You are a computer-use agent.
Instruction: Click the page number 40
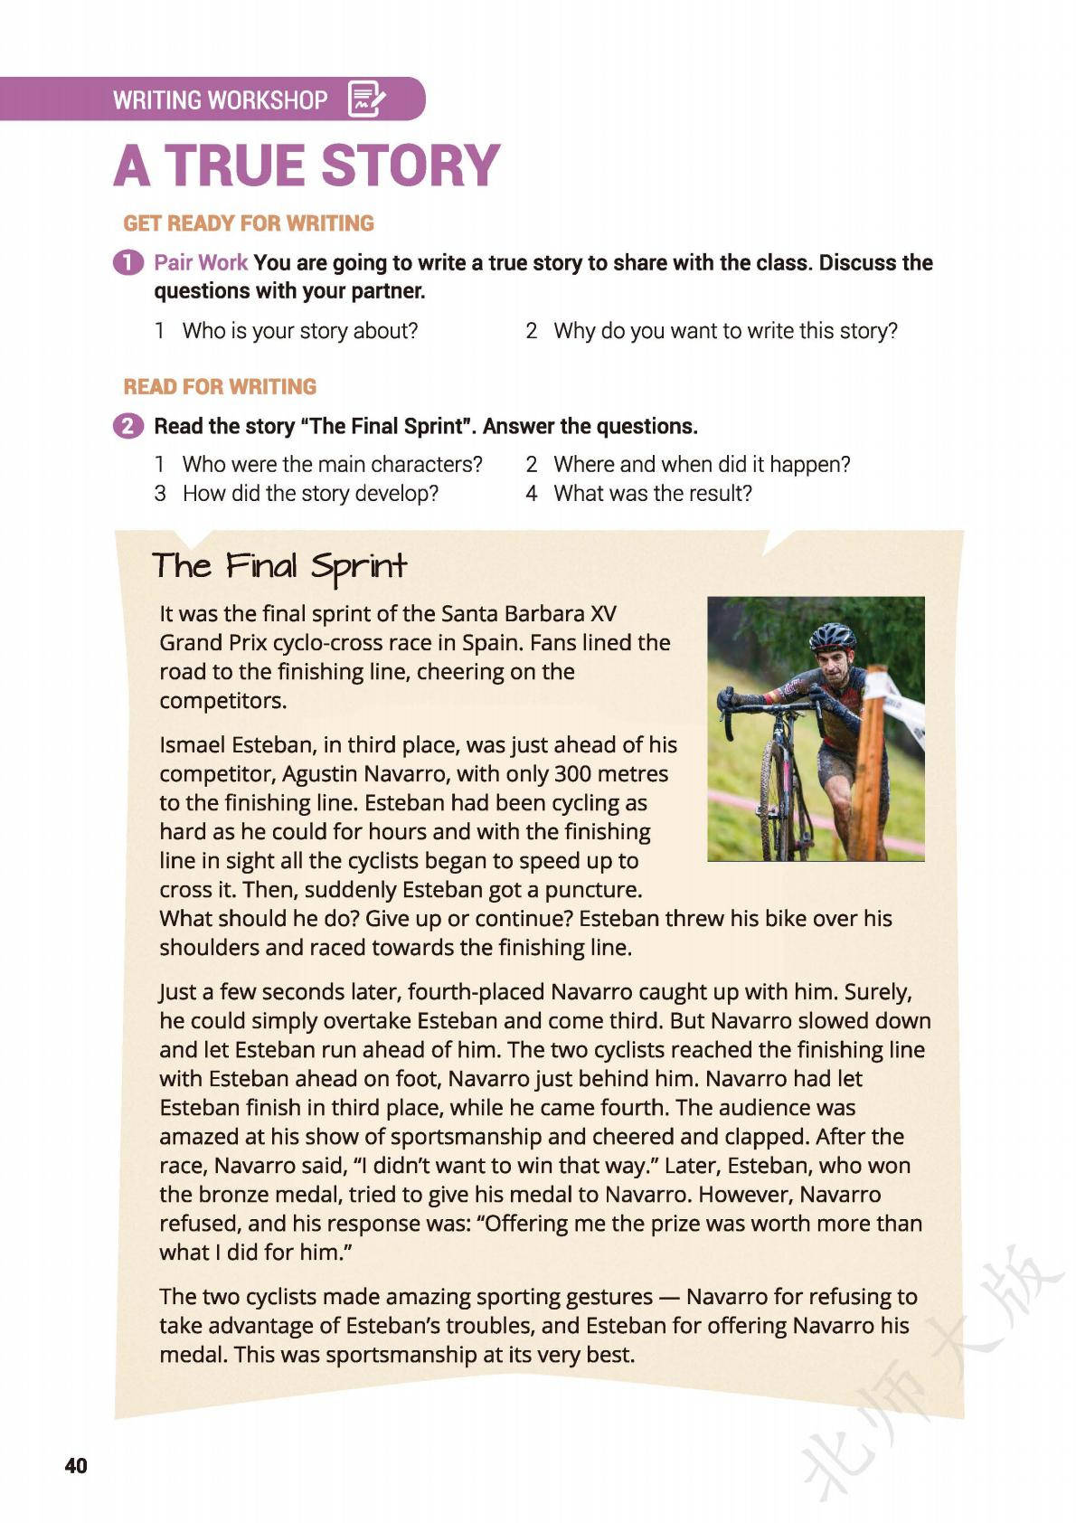click(76, 1465)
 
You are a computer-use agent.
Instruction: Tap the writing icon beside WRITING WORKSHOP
click(366, 99)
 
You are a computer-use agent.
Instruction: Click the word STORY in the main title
click(410, 166)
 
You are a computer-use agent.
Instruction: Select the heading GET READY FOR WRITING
click(249, 223)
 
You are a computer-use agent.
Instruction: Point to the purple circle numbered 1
click(128, 262)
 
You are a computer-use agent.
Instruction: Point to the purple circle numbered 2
click(128, 426)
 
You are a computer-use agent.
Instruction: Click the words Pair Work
click(200, 262)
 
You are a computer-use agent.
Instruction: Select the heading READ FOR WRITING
click(220, 387)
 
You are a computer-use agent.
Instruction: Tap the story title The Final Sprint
click(279, 566)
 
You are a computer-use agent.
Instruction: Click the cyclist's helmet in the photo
click(832, 636)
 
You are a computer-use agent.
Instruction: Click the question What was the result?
click(652, 494)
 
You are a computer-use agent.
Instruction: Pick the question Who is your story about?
click(299, 331)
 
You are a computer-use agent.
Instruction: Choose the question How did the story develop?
click(310, 494)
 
